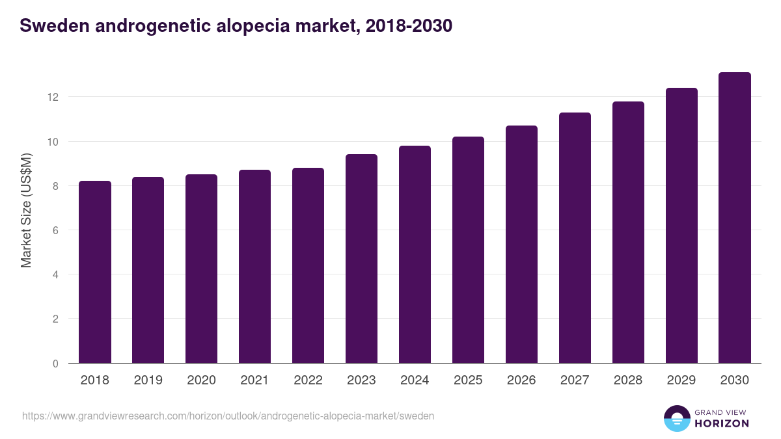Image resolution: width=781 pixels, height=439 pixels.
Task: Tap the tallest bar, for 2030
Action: point(735,218)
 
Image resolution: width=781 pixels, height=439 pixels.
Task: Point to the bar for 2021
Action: point(254,267)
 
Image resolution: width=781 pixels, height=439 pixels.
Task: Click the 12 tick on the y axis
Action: point(53,97)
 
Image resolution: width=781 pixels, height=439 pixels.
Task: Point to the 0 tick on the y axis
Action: point(55,364)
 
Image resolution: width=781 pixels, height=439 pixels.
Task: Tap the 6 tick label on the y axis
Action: point(55,230)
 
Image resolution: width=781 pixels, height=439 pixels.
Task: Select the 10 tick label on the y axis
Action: point(53,142)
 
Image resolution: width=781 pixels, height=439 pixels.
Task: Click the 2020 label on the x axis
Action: point(201,380)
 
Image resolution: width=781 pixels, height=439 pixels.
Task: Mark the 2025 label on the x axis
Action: point(468,380)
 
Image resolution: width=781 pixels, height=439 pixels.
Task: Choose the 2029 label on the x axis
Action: point(681,380)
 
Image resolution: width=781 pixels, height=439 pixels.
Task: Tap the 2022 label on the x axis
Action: point(308,380)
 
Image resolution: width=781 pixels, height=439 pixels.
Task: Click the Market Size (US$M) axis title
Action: point(26,210)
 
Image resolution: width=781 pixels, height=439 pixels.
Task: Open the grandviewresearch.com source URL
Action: point(228,416)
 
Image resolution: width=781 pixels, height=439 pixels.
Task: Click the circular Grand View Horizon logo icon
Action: point(677,418)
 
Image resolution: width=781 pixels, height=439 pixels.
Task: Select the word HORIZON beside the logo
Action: point(722,423)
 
